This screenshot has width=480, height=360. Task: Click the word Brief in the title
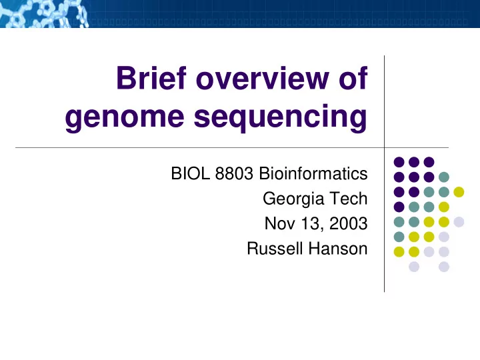(x=151, y=78)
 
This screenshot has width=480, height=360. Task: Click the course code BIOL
(x=191, y=173)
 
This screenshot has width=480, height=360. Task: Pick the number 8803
(x=234, y=173)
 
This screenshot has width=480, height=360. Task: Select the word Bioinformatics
(x=313, y=173)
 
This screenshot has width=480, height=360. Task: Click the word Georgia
(x=293, y=199)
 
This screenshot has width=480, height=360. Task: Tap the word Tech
(x=349, y=199)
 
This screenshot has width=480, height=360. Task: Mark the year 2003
(x=349, y=223)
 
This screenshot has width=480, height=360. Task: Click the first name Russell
(x=275, y=248)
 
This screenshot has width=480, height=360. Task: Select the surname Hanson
(x=337, y=248)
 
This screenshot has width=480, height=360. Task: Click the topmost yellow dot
(x=459, y=192)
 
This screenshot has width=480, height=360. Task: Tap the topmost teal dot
(x=443, y=177)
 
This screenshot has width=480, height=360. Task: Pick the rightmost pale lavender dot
(x=459, y=222)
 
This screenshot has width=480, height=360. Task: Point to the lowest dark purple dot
(x=399, y=207)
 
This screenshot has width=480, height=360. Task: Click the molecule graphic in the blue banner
(x=45, y=14)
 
